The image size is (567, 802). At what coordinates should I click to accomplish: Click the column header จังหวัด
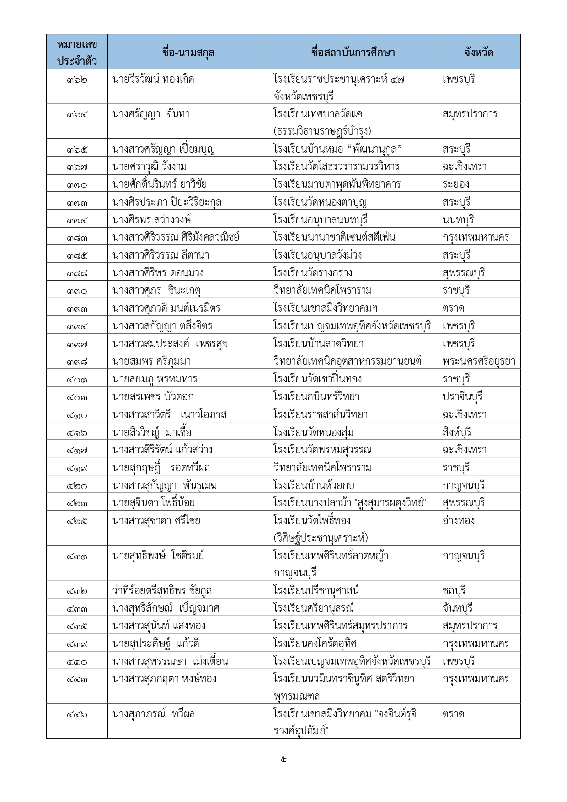(478, 52)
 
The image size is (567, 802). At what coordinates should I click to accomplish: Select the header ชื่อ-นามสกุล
(188, 52)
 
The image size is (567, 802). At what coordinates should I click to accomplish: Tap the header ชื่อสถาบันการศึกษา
(353, 52)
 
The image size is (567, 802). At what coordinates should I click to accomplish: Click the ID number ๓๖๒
(77, 80)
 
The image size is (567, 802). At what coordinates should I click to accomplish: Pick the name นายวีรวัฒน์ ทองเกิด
(153, 80)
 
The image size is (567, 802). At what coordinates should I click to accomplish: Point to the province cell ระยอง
(456, 184)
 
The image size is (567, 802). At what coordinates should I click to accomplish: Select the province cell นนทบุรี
(458, 220)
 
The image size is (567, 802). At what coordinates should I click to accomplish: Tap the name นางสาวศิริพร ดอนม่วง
(158, 273)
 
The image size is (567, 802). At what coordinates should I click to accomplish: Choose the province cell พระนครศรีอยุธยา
(479, 361)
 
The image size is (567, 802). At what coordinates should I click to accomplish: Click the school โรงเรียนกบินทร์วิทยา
(316, 397)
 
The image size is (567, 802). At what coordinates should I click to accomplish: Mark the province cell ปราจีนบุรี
(463, 397)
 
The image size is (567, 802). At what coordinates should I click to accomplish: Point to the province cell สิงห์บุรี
(457, 432)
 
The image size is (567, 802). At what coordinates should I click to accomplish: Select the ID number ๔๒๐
(77, 486)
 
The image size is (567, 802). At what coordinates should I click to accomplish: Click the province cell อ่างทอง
(459, 521)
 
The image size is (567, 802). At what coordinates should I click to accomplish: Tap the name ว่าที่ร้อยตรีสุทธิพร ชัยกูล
(162, 590)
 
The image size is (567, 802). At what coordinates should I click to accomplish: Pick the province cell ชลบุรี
(454, 590)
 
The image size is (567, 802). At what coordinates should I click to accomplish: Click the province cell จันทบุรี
(458, 608)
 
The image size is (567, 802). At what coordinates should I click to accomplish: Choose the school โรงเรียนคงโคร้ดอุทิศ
(315, 644)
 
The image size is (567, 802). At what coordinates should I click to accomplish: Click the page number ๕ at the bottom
(283, 760)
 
